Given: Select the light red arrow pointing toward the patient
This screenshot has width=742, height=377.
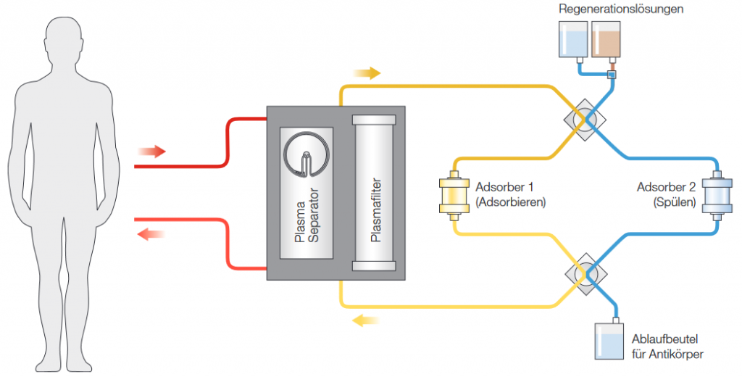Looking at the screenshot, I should coord(151,233).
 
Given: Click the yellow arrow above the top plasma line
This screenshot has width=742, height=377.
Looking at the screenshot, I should coord(367,73).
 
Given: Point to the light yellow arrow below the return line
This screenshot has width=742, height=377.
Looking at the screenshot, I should coord(367,320).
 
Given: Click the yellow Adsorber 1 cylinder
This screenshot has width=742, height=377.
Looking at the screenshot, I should coord(455,194).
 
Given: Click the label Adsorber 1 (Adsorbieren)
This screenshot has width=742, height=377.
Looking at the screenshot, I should coord(510,194).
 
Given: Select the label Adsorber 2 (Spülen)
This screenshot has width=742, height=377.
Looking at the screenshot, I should coord(666,194).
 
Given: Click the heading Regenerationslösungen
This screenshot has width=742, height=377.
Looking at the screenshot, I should coord(621,9).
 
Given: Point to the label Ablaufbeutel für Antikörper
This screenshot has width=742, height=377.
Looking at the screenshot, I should coord(667,347).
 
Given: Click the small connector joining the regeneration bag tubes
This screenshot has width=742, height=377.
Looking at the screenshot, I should coord(611,75).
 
